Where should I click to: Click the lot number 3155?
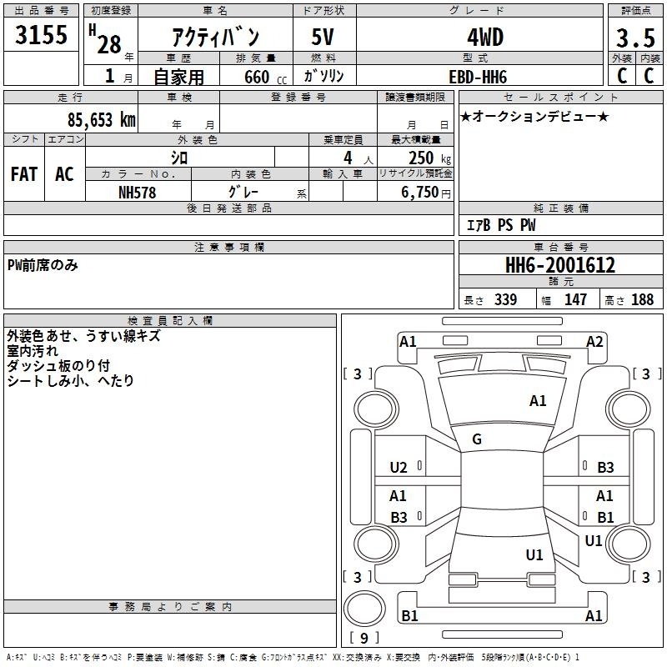pyautogui.click(x=41, y=35)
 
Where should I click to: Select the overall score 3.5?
pyautogui.click(x=635, y=38)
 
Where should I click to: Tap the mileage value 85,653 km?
pyautogui.click(x=101, y=119)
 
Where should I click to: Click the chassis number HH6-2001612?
pyautogui.click(x=560, y=265)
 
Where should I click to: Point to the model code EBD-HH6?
pyautogui.click(x=478, y=77)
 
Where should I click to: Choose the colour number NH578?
pyautogui.click(x=137, y=193)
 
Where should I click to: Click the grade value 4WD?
pyautogui.click(x=485, y=38)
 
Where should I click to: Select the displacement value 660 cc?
pyautogui.click(x=265, y=77)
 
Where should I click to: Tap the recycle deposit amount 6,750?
pyautogui.click(x=420, y=193)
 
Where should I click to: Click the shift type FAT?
pyautogui.click(x=24, y=174)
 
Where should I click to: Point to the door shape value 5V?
pyautogui.click(x=323, y=37)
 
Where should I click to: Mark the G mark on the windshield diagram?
pyautogui.click(x=477, y=439)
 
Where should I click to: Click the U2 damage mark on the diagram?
pyautogui.click(x=399, y=468)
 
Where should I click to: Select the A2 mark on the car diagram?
pyautogui.click(x=594, y=342)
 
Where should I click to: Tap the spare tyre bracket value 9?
pyautogui.click(x=364, y=638)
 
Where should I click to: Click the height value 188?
pyautogui.click(x=642, y=299)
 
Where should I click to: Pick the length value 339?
pyautogui.click(x=505, y=299)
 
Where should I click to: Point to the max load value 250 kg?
pyautogui.click(x=429, y=158)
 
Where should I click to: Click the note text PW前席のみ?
pyautogui.click(x=43, y=265)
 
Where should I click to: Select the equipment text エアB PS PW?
pyautogui.click(x=501, y=225)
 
